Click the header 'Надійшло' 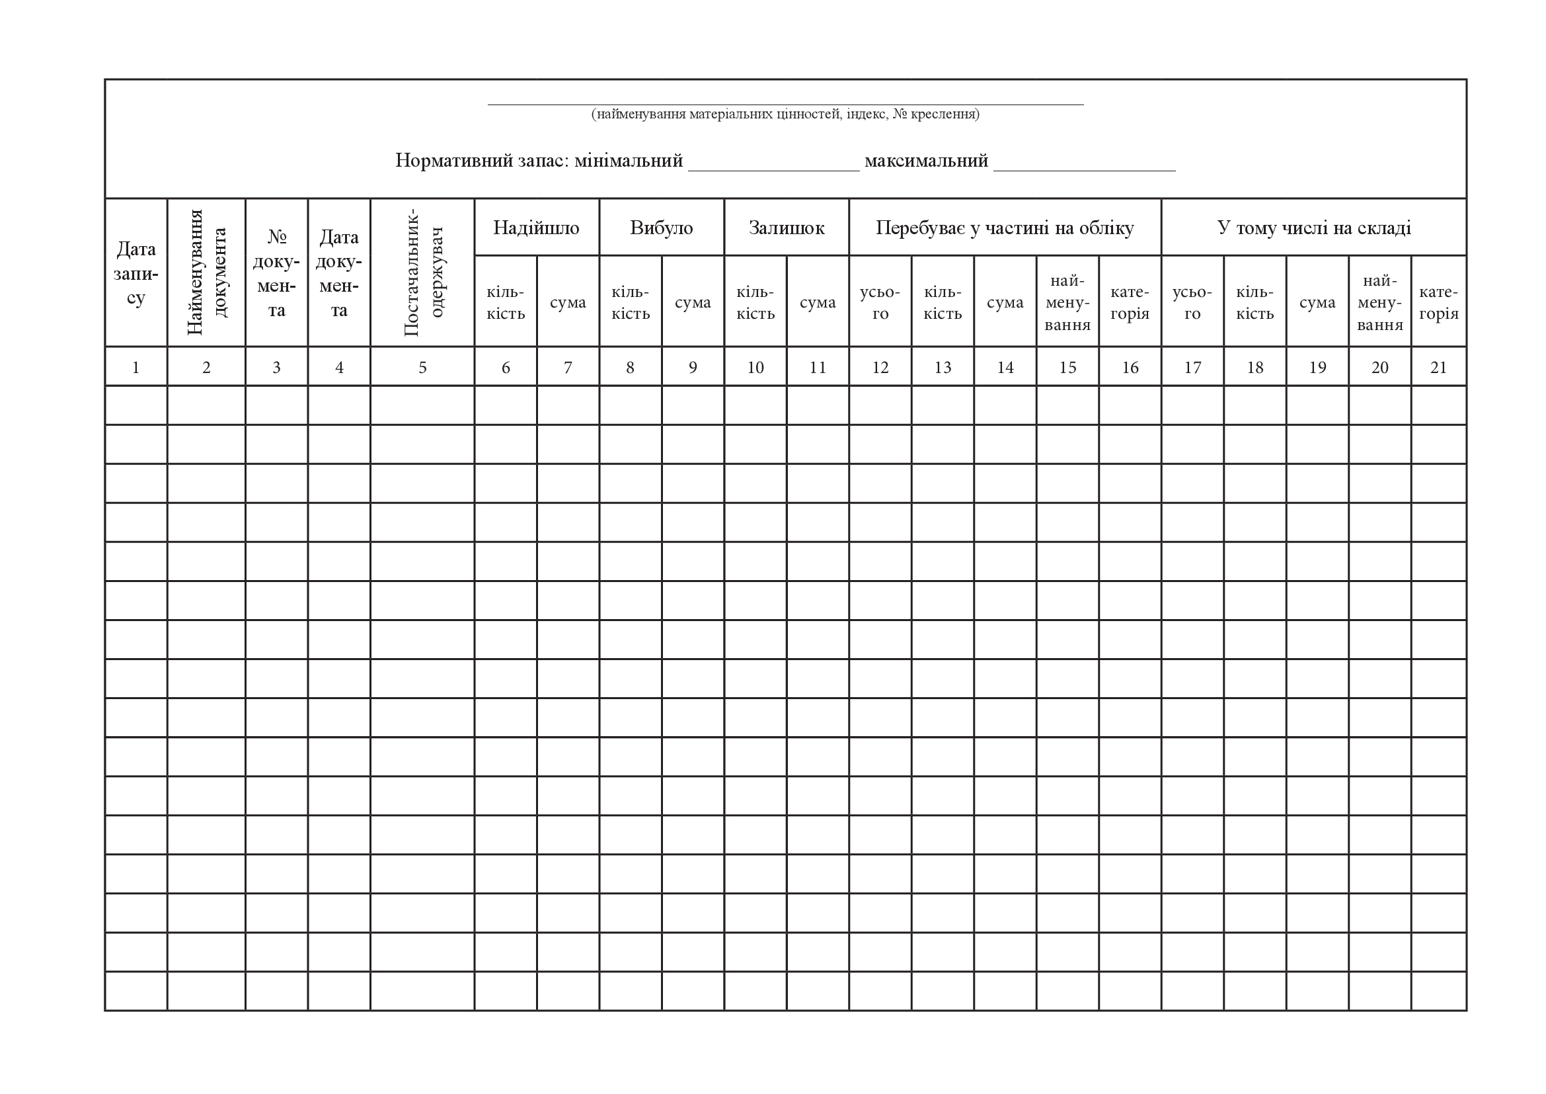(x=536, y=228)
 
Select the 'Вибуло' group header (x=661, y=228)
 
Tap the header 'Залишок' (x=787, y=228)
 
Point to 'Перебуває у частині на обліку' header (x=1005, y=228)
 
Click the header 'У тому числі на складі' (x=1314, y=228)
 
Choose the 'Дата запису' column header (x=136, y=274)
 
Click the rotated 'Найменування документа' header (x=206, y=272)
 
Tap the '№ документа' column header (x=276, y=274)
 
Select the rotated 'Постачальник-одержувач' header (x=422, y=272)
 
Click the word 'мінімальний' (x=628, y=161)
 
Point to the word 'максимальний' (x=926, y=161)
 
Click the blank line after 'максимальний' (x=1084, y=166)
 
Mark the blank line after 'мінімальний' (x=774, y=166)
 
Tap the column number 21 (x=1438, y=367)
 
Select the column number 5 (x=422, y=367)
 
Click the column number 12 (x=880, y=367)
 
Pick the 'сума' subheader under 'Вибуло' (x=692, y=302)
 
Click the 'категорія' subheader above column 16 (x=1130, y=302)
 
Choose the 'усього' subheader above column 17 (x=1192, y=302)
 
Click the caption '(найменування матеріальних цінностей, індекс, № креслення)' (x=785, y=114)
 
